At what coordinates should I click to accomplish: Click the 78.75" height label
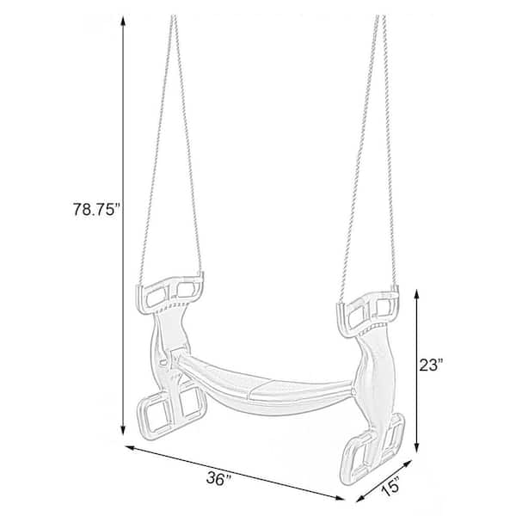click(x=95, y=209)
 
